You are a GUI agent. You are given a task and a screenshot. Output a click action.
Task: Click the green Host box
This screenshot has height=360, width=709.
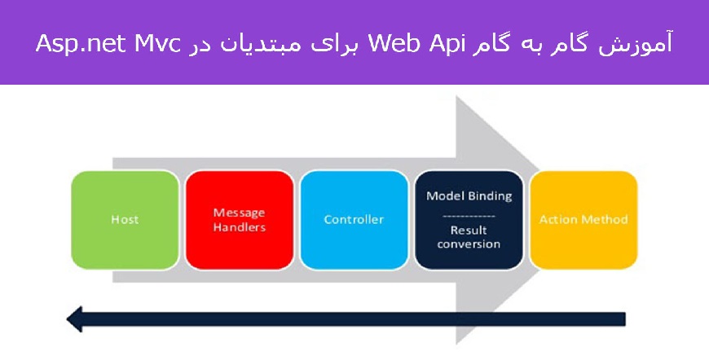(x=125, y=220)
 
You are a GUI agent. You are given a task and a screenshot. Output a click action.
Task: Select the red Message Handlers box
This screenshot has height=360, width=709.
(x=240, y=220)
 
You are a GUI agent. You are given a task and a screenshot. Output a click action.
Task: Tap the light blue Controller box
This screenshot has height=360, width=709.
(x=354, y=220)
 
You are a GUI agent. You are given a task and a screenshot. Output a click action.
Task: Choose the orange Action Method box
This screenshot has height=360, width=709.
(x=583, y=220)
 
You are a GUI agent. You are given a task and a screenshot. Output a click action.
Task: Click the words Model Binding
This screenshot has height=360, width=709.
(x=469, y=196)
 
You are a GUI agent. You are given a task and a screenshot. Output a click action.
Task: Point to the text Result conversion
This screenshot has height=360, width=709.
(x=469, y=237)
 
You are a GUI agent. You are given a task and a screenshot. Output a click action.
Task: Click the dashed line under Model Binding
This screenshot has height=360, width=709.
(x=469, y=217)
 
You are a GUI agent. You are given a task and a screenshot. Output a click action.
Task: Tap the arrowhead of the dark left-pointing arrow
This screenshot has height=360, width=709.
(x=75, y=319)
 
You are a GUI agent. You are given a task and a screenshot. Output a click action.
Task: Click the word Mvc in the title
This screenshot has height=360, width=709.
(x=157, y=44)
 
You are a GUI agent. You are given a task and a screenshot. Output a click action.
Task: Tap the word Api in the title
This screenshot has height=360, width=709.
(x=439, y=45)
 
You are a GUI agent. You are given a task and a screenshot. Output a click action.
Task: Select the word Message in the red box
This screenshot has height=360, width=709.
(x=240, y=213)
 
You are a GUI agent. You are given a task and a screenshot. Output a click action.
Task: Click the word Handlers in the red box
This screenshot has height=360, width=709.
(x=240, y=226)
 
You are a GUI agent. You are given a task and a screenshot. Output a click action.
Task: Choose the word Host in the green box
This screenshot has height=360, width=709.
(x=125, y=220)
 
